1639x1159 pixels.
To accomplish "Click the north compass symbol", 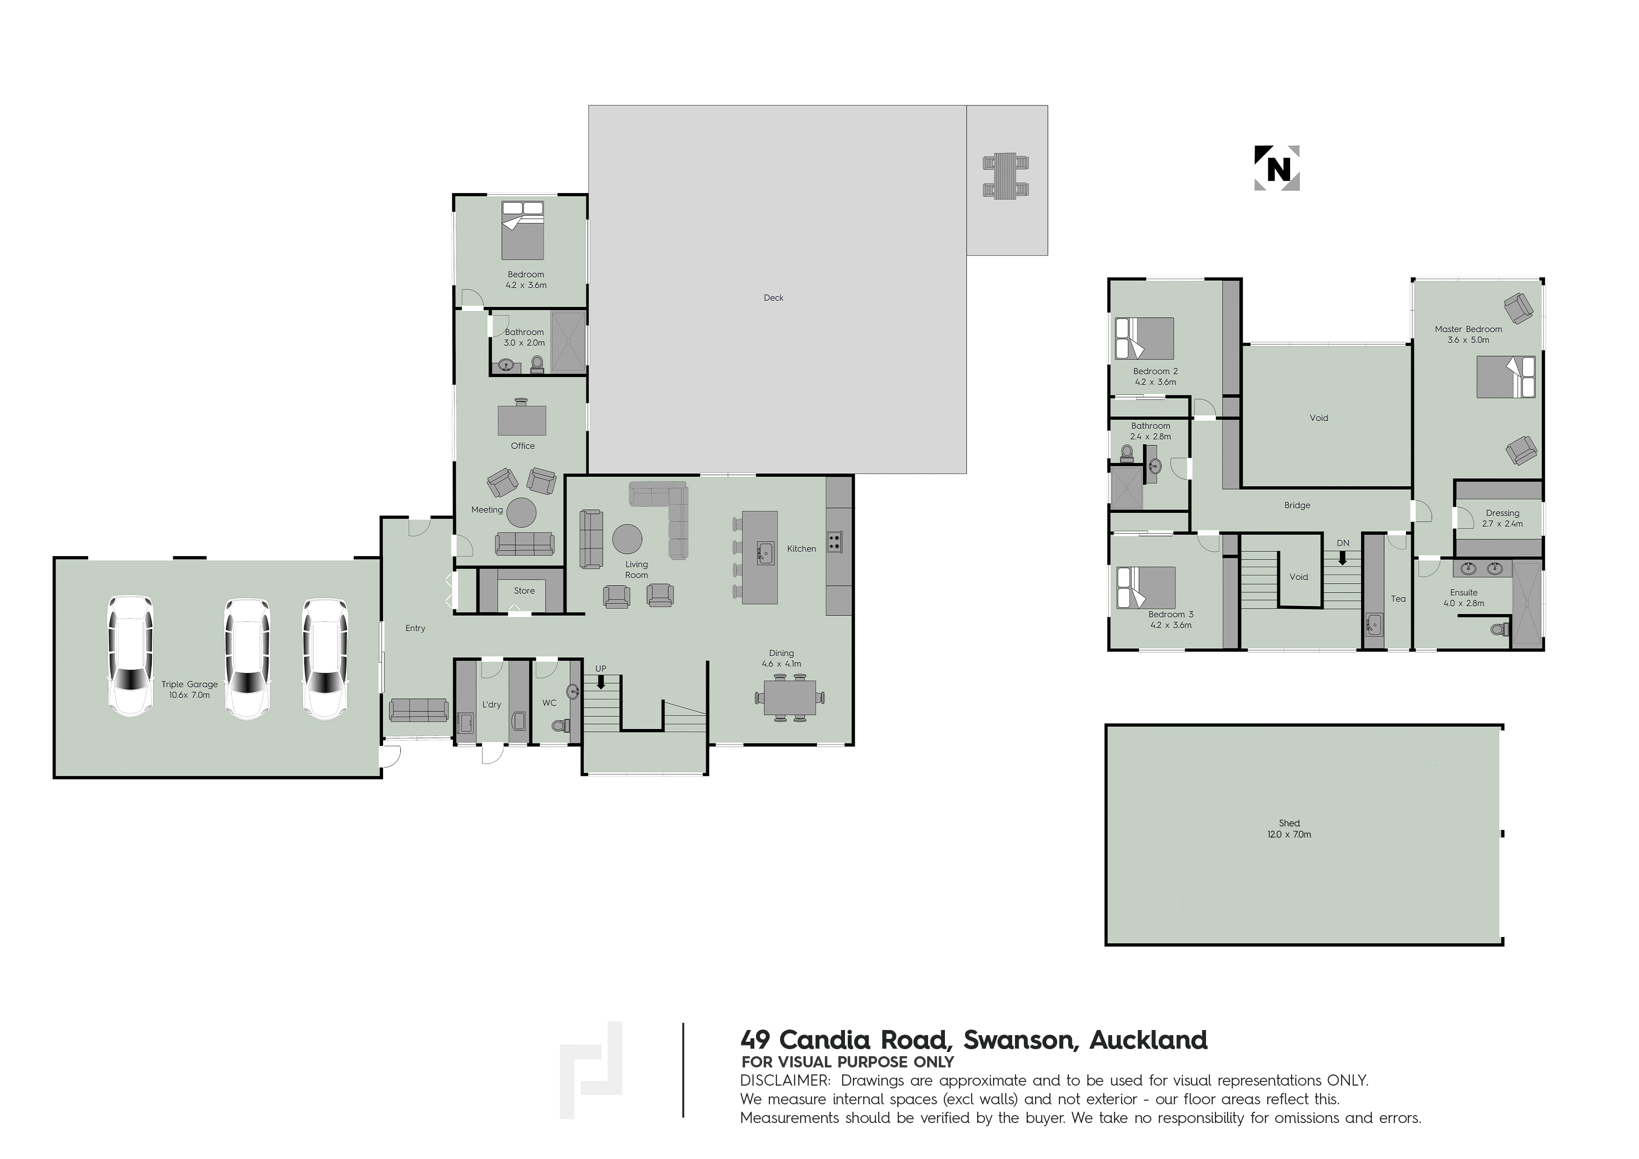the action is tap(1277, 169).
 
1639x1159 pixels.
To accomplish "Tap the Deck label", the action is tap(773, 298).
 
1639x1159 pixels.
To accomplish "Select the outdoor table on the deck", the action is tap(1006, 176).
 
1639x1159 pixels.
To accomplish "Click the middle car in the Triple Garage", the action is tap(247, 658).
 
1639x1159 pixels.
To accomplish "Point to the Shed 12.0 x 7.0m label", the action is tap(1289, 829).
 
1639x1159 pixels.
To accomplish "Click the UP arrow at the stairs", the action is tap(601, 682).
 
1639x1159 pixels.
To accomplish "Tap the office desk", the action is tap(522, 420).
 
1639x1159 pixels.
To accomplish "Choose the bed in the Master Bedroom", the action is tap(1505, 376).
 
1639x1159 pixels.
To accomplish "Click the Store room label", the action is tap(524, 591).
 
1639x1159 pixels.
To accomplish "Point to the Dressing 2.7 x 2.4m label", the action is tap(1503, 518).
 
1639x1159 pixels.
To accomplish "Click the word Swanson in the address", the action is tap(1019, 1040).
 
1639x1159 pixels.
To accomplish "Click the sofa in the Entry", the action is tap(419, 710).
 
